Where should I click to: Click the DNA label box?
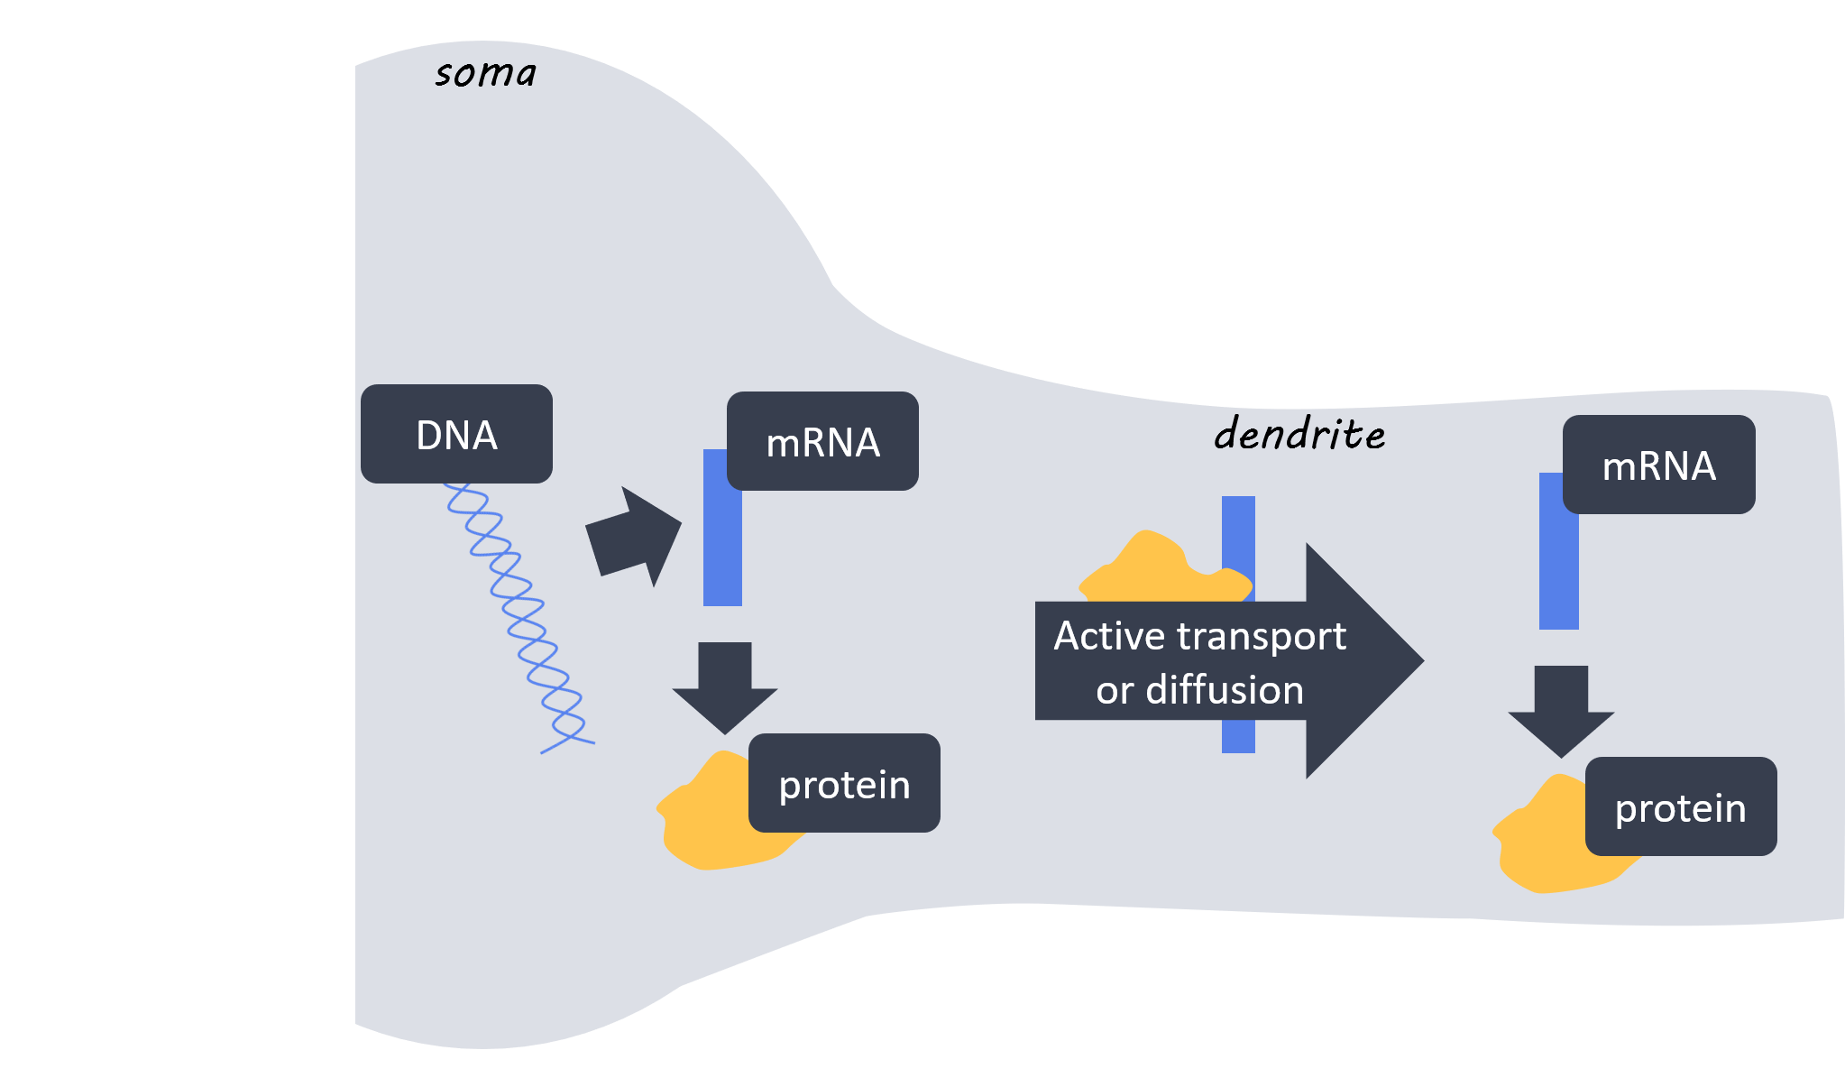456,434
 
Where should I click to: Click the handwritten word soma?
485,73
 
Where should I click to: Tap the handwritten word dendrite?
1299,434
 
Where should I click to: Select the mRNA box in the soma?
822,441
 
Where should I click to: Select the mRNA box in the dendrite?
1658,465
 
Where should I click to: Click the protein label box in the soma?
844,783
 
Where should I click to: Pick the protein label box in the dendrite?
1680,806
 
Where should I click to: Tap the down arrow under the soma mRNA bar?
724,686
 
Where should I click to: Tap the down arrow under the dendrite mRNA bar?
1561,709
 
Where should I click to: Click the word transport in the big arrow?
1262,636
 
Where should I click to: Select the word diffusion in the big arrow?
1225,690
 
